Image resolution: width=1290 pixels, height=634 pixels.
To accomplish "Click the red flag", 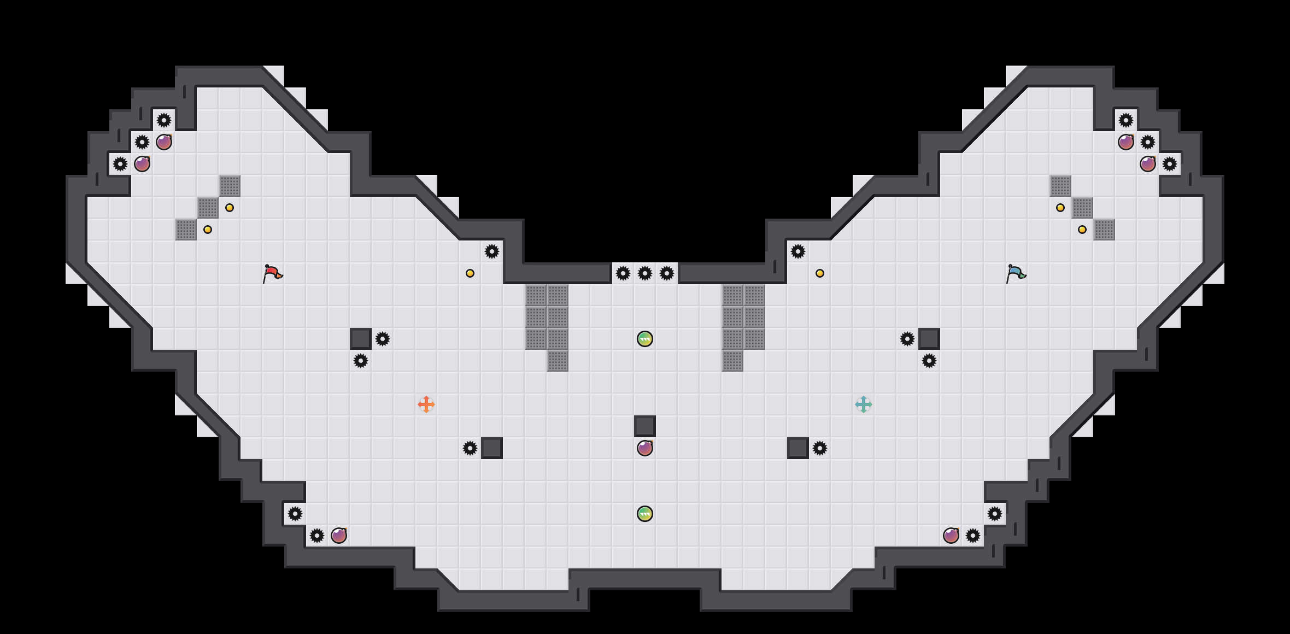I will (x=272, y=273).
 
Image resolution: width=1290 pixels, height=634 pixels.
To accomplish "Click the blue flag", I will (x=1015, y=273).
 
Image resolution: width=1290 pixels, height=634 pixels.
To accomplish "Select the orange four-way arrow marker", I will (x=426, y=404).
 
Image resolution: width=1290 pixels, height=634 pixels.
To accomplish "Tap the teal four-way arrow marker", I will (x=864, y=404).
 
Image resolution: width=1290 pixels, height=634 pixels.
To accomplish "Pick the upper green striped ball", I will (x=645, y=339).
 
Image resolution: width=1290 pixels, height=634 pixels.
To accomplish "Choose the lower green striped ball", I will (x=645, y=514).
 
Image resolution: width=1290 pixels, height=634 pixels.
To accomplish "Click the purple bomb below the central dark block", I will (x=645, y=448).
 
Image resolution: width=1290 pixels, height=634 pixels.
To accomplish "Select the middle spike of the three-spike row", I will (x=645, y=273).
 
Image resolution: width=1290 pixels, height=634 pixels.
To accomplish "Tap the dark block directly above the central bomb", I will (x=645, y=426).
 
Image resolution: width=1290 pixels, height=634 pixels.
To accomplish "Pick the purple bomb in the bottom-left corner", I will (x=339, y=536).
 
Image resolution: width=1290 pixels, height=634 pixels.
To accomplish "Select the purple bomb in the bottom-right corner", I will (x=951, y=536).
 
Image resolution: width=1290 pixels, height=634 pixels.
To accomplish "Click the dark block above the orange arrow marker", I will (x=361, y=339).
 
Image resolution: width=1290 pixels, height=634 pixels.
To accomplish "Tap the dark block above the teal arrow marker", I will (x=929, y=339).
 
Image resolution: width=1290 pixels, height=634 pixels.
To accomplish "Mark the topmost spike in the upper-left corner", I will (x=164, y=120).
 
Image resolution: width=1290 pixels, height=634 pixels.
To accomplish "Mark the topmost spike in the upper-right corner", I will (x=1126, y=120).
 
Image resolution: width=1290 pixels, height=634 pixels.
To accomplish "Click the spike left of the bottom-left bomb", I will (x=317, y=536).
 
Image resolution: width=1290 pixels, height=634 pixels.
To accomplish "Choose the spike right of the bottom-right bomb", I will (x=973, y=536).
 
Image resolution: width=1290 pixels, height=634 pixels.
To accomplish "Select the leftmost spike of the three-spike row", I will (x=623, y=273).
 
